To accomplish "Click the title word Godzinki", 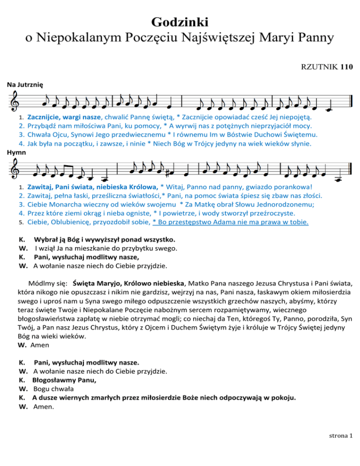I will [x=180, y=22].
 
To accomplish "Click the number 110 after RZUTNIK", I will [x=347, y=66].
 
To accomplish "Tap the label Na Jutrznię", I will [x=25, y=85].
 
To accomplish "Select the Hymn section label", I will [x=15, y=152].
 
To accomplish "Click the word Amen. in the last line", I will [x=44, y=407].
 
